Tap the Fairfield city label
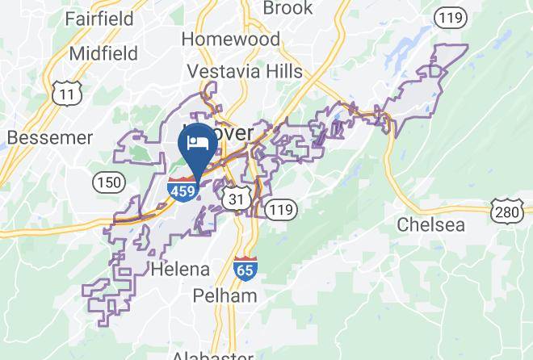click(100, 17)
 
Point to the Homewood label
click(230, 39)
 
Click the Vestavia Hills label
click(245, 71)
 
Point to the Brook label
click(287, 9)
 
